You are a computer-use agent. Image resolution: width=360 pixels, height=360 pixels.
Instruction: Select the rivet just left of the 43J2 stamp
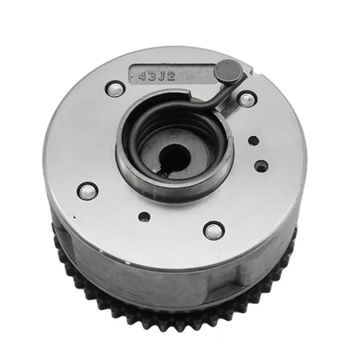point(115,88)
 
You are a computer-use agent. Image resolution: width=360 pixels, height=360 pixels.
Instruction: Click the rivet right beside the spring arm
point(247,99)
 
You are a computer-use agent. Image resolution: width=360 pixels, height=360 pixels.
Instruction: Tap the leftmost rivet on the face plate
point(87,191)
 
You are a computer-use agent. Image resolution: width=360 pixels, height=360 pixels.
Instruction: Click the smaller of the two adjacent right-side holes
point(253,140)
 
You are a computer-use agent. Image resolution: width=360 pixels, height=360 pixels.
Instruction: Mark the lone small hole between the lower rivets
point(144,217)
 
